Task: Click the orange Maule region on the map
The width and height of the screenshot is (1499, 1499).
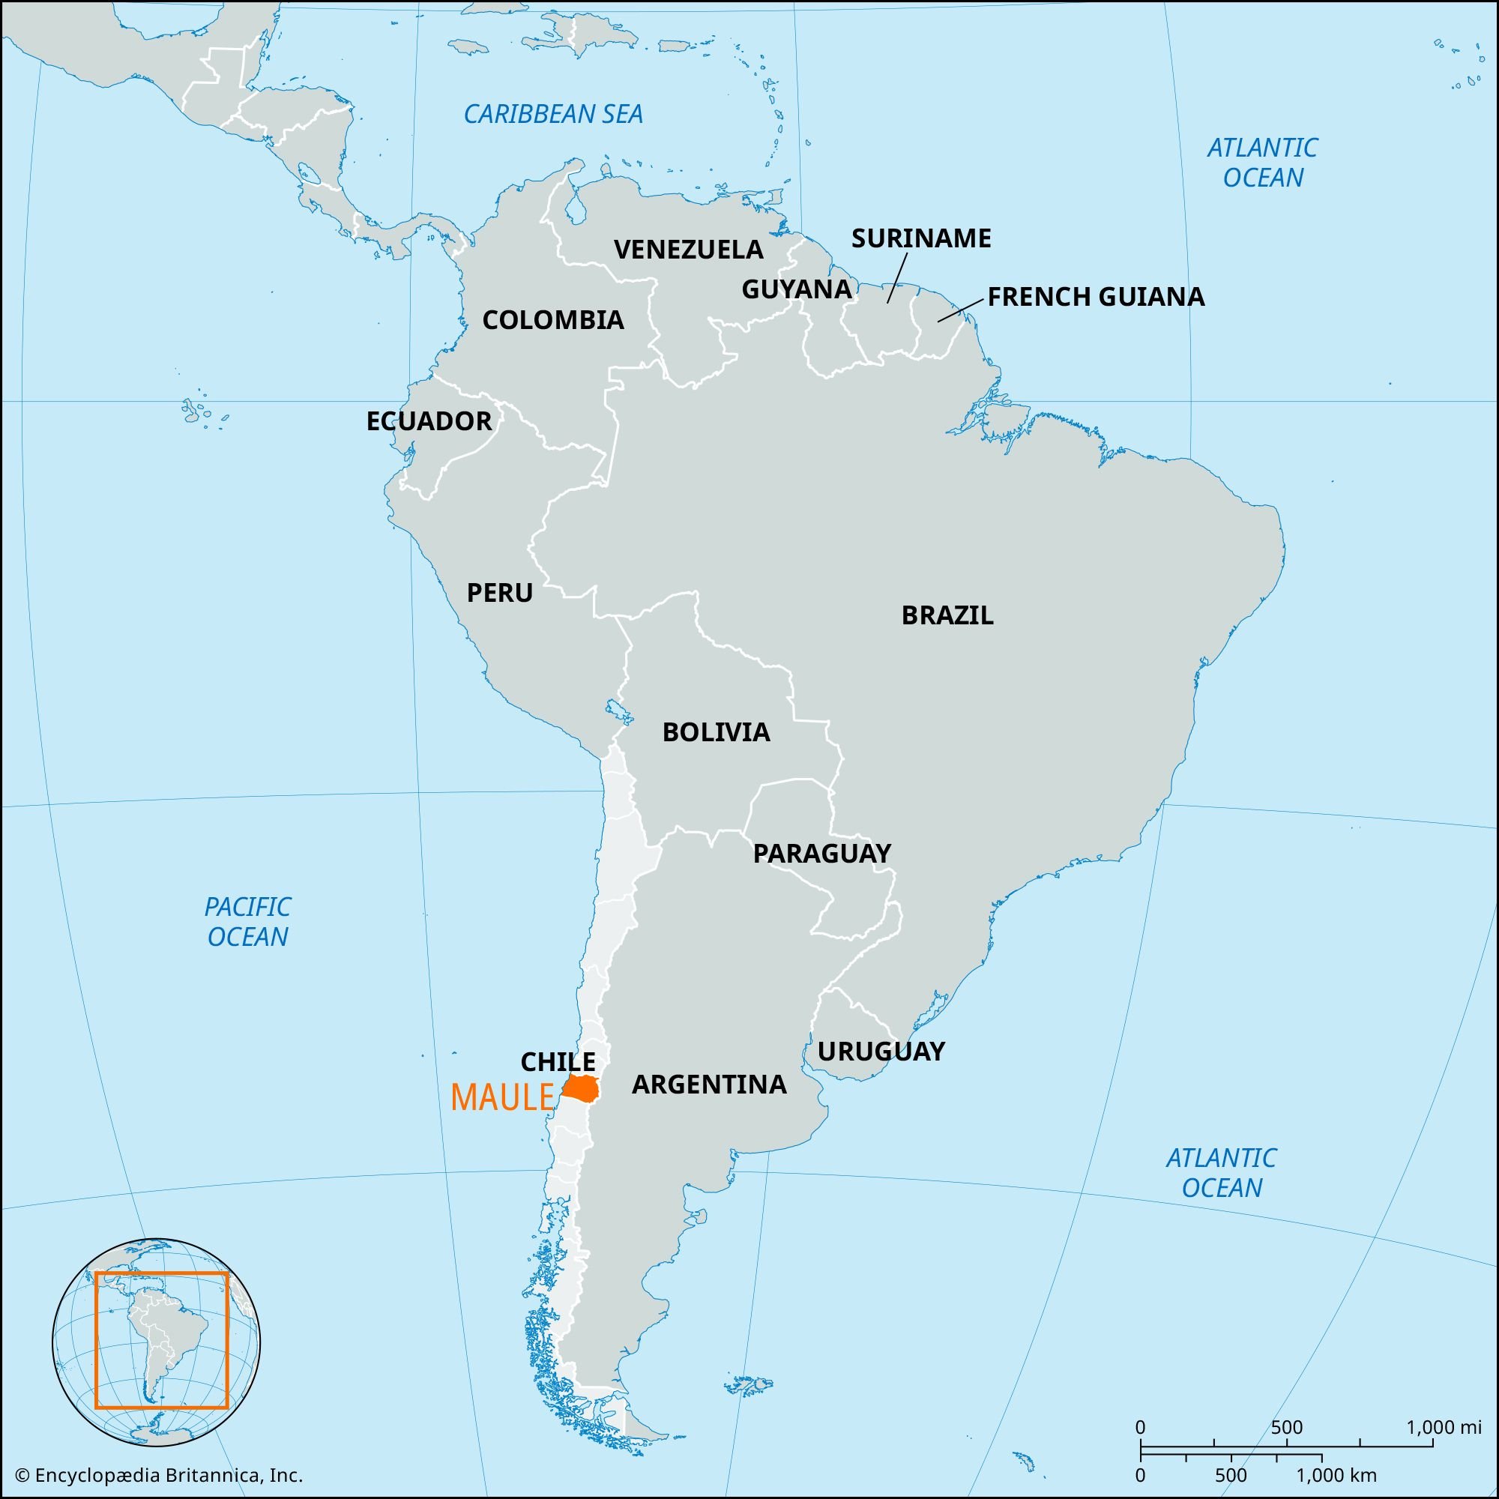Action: pos(580,1088)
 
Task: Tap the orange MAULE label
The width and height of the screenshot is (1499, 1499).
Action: pos(502,1098)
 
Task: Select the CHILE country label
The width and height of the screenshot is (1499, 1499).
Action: pos(558,1061)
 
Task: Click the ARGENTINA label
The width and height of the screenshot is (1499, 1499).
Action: pos(709,1084)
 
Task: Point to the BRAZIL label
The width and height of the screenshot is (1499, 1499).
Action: pos(947,615)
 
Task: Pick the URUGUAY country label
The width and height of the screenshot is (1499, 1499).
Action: pos(881,1052)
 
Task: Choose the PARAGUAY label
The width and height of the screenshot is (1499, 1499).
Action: pos(821,854)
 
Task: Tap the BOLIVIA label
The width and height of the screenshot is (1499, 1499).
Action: pos(716,732)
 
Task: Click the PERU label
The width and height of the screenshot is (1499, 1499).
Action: pos(500,593)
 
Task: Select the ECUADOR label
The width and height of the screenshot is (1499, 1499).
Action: pos(429,421)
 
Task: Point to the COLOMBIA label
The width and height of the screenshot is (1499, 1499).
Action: pos(553,320)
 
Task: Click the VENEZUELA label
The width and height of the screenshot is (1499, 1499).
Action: pos(689,250)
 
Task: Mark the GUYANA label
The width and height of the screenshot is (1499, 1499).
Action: pos(797,289)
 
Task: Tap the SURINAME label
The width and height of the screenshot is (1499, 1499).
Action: pos(922,238)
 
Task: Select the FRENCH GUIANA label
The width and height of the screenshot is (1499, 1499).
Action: pos(1096,296)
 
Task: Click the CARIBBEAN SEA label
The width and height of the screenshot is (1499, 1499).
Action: pos(553,115)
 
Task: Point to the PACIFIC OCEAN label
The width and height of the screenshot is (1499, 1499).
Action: pos(247,921)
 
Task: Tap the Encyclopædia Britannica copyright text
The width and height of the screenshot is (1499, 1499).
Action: pos(160,1475)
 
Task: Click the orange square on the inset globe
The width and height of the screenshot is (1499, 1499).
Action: pos(161,1341)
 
